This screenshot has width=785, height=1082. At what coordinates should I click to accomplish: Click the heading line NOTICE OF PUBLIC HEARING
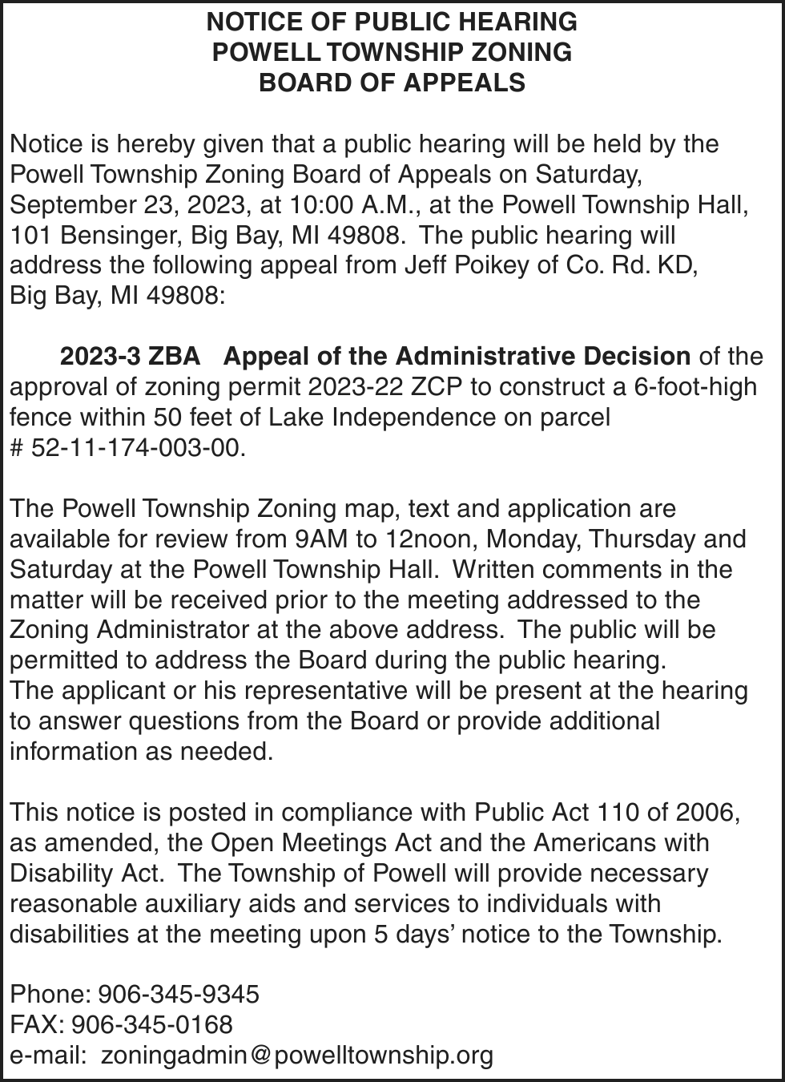pyautogui.click(x=392, y=21)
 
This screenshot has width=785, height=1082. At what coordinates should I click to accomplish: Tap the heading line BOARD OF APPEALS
pyautogui.click(x=392, y=83)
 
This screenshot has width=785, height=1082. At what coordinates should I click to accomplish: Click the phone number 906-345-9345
pyautogui.click(x=178, y=995)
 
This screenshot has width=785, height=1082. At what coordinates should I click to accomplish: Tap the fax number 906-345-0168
pyautogui.click(x=152, y=1025)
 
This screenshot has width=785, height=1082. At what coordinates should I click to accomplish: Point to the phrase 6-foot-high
pyautogui.click(x=694, y=387)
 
